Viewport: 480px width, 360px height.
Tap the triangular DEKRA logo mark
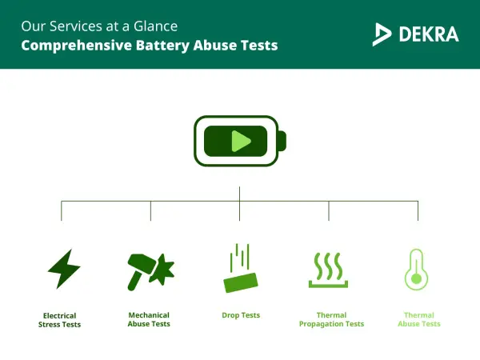point(382,34)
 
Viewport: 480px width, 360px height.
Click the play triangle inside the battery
point(240,142)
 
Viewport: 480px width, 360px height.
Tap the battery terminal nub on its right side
point(282,142)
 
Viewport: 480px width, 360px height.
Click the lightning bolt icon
point(62,269)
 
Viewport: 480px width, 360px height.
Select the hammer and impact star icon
point(150,270)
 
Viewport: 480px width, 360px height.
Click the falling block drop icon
point(240,270)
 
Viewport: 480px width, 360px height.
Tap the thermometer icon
point(416,269)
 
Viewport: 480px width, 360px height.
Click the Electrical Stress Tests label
point(62,320)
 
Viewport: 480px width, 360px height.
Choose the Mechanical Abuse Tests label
point(149,319)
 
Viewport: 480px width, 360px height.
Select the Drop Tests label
point(241,315)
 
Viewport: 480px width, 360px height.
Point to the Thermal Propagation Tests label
point(331,319)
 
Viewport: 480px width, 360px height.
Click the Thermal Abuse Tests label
point(419,319)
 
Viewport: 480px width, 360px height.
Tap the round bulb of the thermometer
point(416,279)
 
